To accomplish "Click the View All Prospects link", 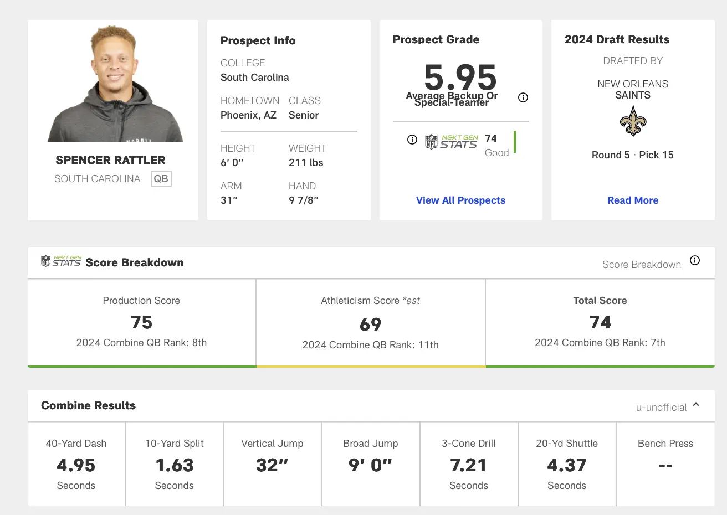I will [460, 200].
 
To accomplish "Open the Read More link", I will [633, 200].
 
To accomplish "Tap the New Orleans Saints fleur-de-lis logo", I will [633, 121].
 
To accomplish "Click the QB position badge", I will [161, 179].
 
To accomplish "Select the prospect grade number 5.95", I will [460, 78].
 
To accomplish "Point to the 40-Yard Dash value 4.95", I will [76, 465].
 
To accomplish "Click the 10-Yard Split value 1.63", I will [175, 465].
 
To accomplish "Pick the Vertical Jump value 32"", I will [272, 465].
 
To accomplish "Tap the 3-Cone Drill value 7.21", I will [468, 465].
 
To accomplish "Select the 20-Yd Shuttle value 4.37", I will [566, 465].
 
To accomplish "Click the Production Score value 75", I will [141, 322].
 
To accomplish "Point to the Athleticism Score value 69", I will [370, 325].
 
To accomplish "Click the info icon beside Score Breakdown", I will [695, 260].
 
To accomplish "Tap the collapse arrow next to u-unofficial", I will [696, 405].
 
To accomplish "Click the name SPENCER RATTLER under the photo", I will [110, 160].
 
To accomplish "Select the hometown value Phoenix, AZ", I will [248, 115].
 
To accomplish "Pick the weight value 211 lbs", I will [306, 163].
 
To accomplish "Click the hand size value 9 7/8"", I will [304, 200].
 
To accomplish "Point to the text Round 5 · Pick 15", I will [633, 155].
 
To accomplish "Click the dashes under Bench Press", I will [665, 466].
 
